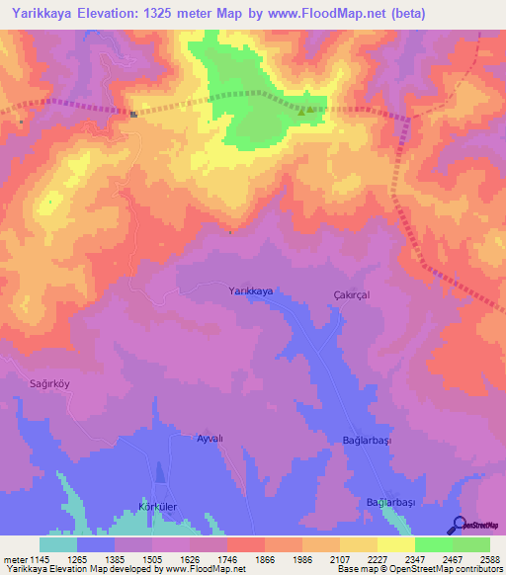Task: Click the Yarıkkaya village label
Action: pos(250,290)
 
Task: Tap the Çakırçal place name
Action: pos(351,294)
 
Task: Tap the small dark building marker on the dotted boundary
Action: pos(133,114)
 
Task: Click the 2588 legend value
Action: pos(490,559)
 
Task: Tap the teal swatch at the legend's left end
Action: pos(57,544)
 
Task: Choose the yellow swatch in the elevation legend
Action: pos(396,544)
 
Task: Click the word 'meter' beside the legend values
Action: pos(14,559)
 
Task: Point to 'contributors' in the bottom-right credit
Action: pos(478,570)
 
